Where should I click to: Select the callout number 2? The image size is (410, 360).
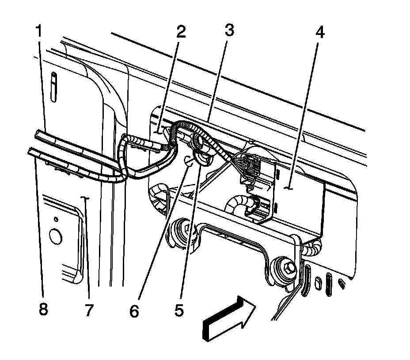pos(181,32)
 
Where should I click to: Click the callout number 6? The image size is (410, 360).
pos(134,310)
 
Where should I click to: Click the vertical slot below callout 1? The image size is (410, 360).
pos(53,87)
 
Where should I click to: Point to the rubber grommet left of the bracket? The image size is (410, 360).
pos(180,230)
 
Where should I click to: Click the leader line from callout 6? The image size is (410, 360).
pos(162,234)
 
